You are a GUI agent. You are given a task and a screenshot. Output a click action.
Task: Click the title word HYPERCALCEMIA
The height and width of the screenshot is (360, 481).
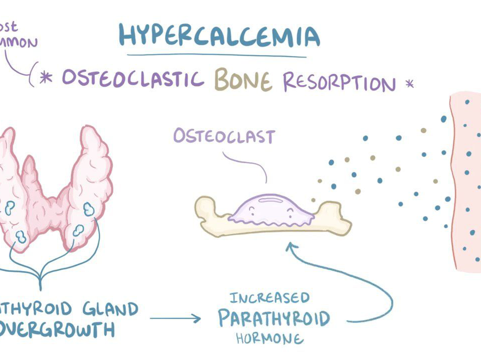(x=219, y=35)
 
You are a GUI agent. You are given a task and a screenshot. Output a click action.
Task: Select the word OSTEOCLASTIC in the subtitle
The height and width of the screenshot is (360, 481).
(x=133, y=79)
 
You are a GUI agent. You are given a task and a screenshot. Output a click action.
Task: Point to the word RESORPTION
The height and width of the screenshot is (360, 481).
(x=339, y=82)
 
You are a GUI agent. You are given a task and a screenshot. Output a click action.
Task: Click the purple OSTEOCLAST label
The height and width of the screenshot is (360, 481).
(x=224, y=136)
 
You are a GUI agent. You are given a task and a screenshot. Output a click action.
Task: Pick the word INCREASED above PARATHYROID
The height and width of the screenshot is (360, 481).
(x=270, y=298)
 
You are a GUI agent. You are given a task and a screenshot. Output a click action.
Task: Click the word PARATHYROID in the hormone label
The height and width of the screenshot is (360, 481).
(x=274, y=318)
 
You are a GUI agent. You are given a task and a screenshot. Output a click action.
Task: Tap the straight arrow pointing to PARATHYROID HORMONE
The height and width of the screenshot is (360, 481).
(x=175, y=319)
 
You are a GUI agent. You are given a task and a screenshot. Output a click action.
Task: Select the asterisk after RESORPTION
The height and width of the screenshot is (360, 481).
(x=409, y=85)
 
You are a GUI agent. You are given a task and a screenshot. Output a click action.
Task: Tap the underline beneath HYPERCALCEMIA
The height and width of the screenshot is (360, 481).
(x=216, y=56)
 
